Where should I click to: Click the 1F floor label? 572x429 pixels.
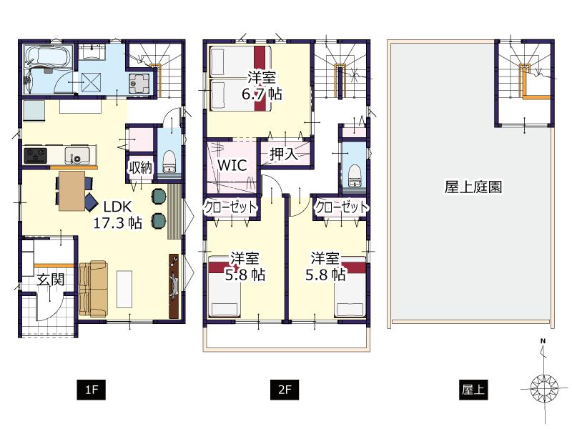[91, 390]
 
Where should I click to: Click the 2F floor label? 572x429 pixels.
[285, 390]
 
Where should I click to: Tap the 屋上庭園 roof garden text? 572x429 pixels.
[473, 187]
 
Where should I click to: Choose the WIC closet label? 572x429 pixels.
[232, 165]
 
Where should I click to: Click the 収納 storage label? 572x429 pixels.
[139, 168]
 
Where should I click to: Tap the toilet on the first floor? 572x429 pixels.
[169, 162]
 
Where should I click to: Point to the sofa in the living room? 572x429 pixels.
[92, 288]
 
